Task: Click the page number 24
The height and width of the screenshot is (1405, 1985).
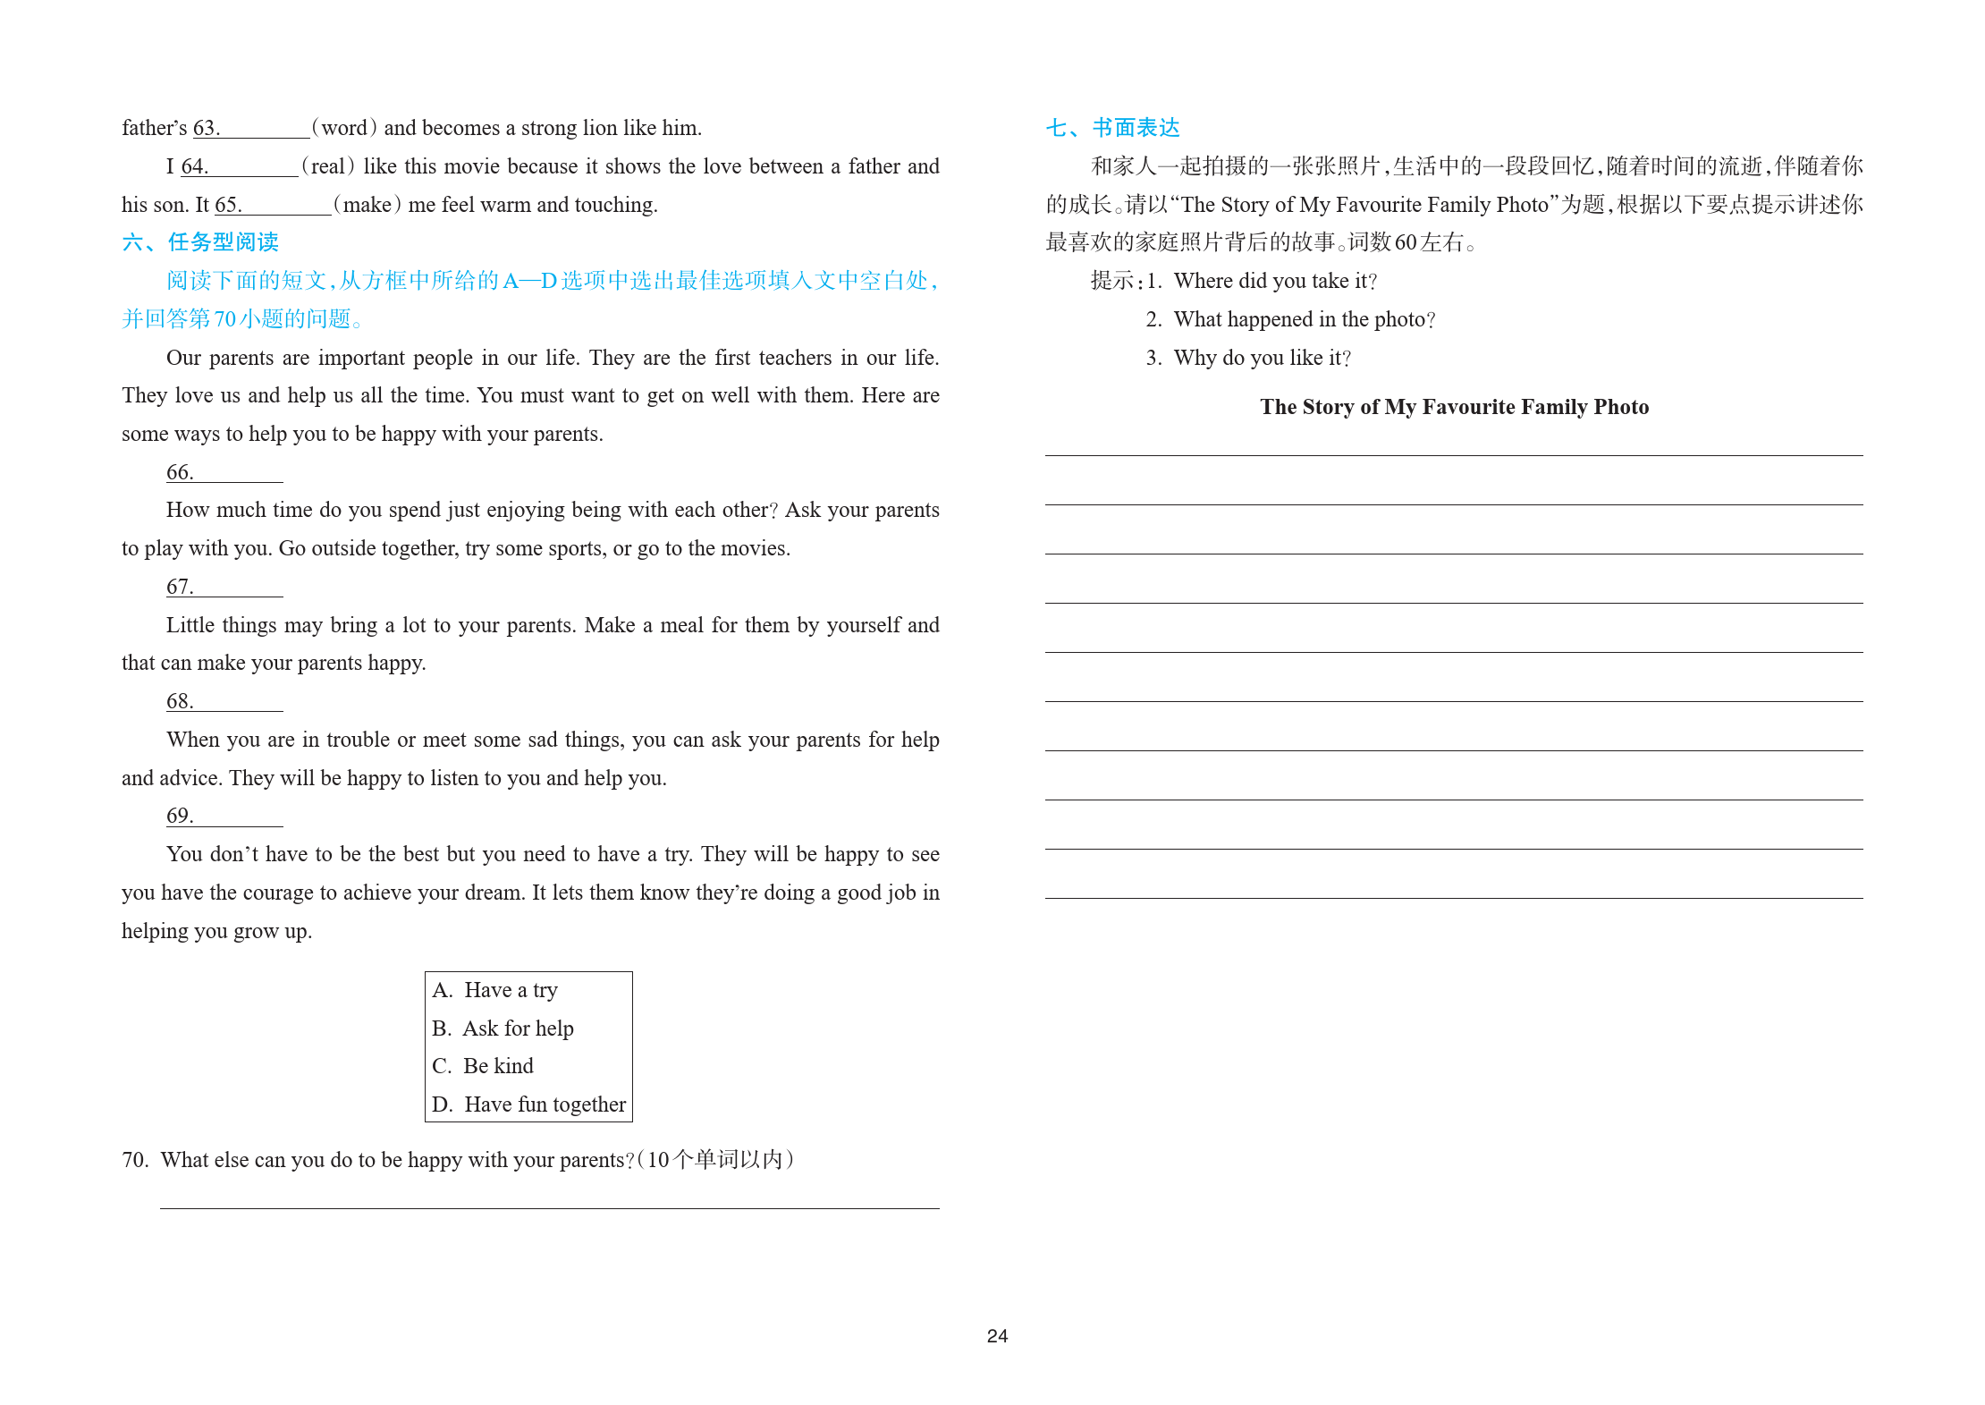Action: pyautogui.click(x=997, y=1335)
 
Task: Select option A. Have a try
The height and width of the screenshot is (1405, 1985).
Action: pyautogui.click(x=494, y=990)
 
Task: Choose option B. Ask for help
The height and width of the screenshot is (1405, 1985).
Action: pyautogui.click(x=503, y=1028)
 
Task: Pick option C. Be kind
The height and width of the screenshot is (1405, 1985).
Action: pyautogui.click(x=483, y=1066)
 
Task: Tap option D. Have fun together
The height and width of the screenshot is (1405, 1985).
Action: pyautogui.click(x=528, y=1105)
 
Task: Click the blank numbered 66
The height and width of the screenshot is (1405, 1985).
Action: pyautogui.click(x=238, y=474)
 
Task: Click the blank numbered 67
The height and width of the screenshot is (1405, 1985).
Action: pyautogui.click(x=238, y=588)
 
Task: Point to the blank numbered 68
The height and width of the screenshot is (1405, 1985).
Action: pyautogui.click(x=238, y=703)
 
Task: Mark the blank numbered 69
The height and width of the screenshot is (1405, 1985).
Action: pyautogui.click(x=238, y=817)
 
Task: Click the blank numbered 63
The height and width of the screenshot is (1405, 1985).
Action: pyautogui.click(x=265, y=130)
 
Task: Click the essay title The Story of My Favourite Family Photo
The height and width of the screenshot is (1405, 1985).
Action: pyautogui.click(x=1454, y=407)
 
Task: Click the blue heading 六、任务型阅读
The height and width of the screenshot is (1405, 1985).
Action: pyautogui.click(x=200, y=242)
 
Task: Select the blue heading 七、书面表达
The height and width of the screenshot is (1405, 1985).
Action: pyautogui.click(x=1112, y=128)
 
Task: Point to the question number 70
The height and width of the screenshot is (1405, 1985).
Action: pyautogui.click(x=135, y=1160)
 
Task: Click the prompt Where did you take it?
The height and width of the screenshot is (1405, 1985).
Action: pyautogui.click(x=1275, y=281)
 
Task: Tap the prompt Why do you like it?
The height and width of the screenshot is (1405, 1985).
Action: pyautogui.click(x=1262, y=358)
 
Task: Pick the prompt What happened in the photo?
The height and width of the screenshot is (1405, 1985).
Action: pyautogui.click(x=1304, y=319)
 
